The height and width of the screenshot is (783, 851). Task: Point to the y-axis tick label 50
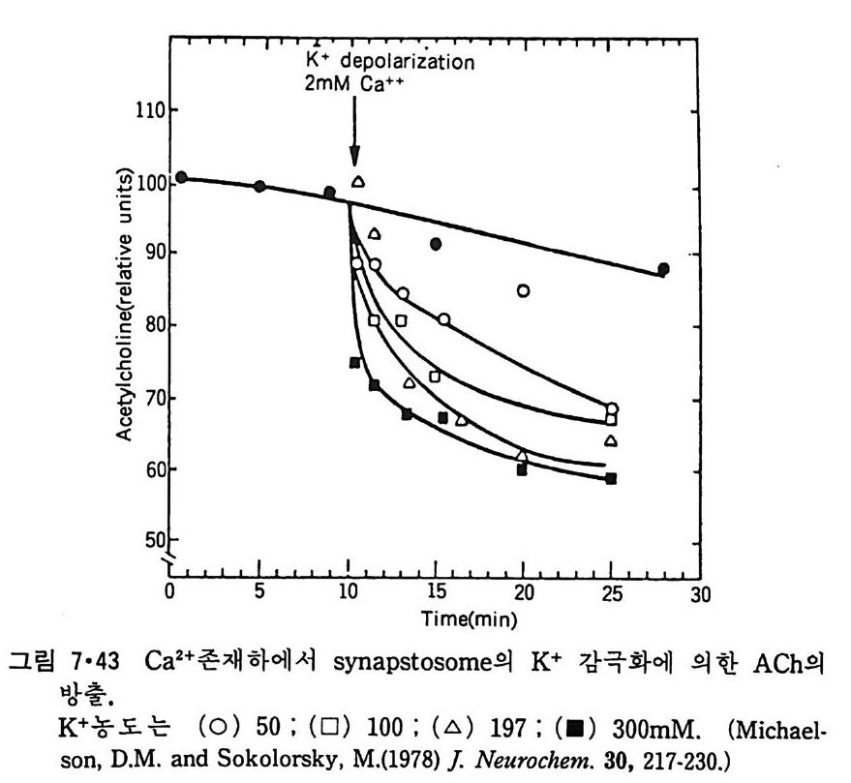[x=153, y=539]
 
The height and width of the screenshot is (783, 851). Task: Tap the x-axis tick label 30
[x=699, y=594]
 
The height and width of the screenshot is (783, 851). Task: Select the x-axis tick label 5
[x=259, y=594]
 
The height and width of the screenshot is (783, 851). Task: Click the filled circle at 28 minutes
[x=663, y=269]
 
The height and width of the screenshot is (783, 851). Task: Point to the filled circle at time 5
[x=258, y=186]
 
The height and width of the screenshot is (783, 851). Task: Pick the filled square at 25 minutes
[x=611, y=478]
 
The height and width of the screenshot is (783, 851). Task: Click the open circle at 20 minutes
[x=524, y=290]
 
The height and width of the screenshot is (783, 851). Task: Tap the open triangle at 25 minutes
[x=611, y=441]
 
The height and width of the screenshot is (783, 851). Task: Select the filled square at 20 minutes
[x=522, y=469]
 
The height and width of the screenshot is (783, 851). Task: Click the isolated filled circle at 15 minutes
[x=437, y=244]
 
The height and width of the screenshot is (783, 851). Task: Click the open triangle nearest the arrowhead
[x=358, y=181]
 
